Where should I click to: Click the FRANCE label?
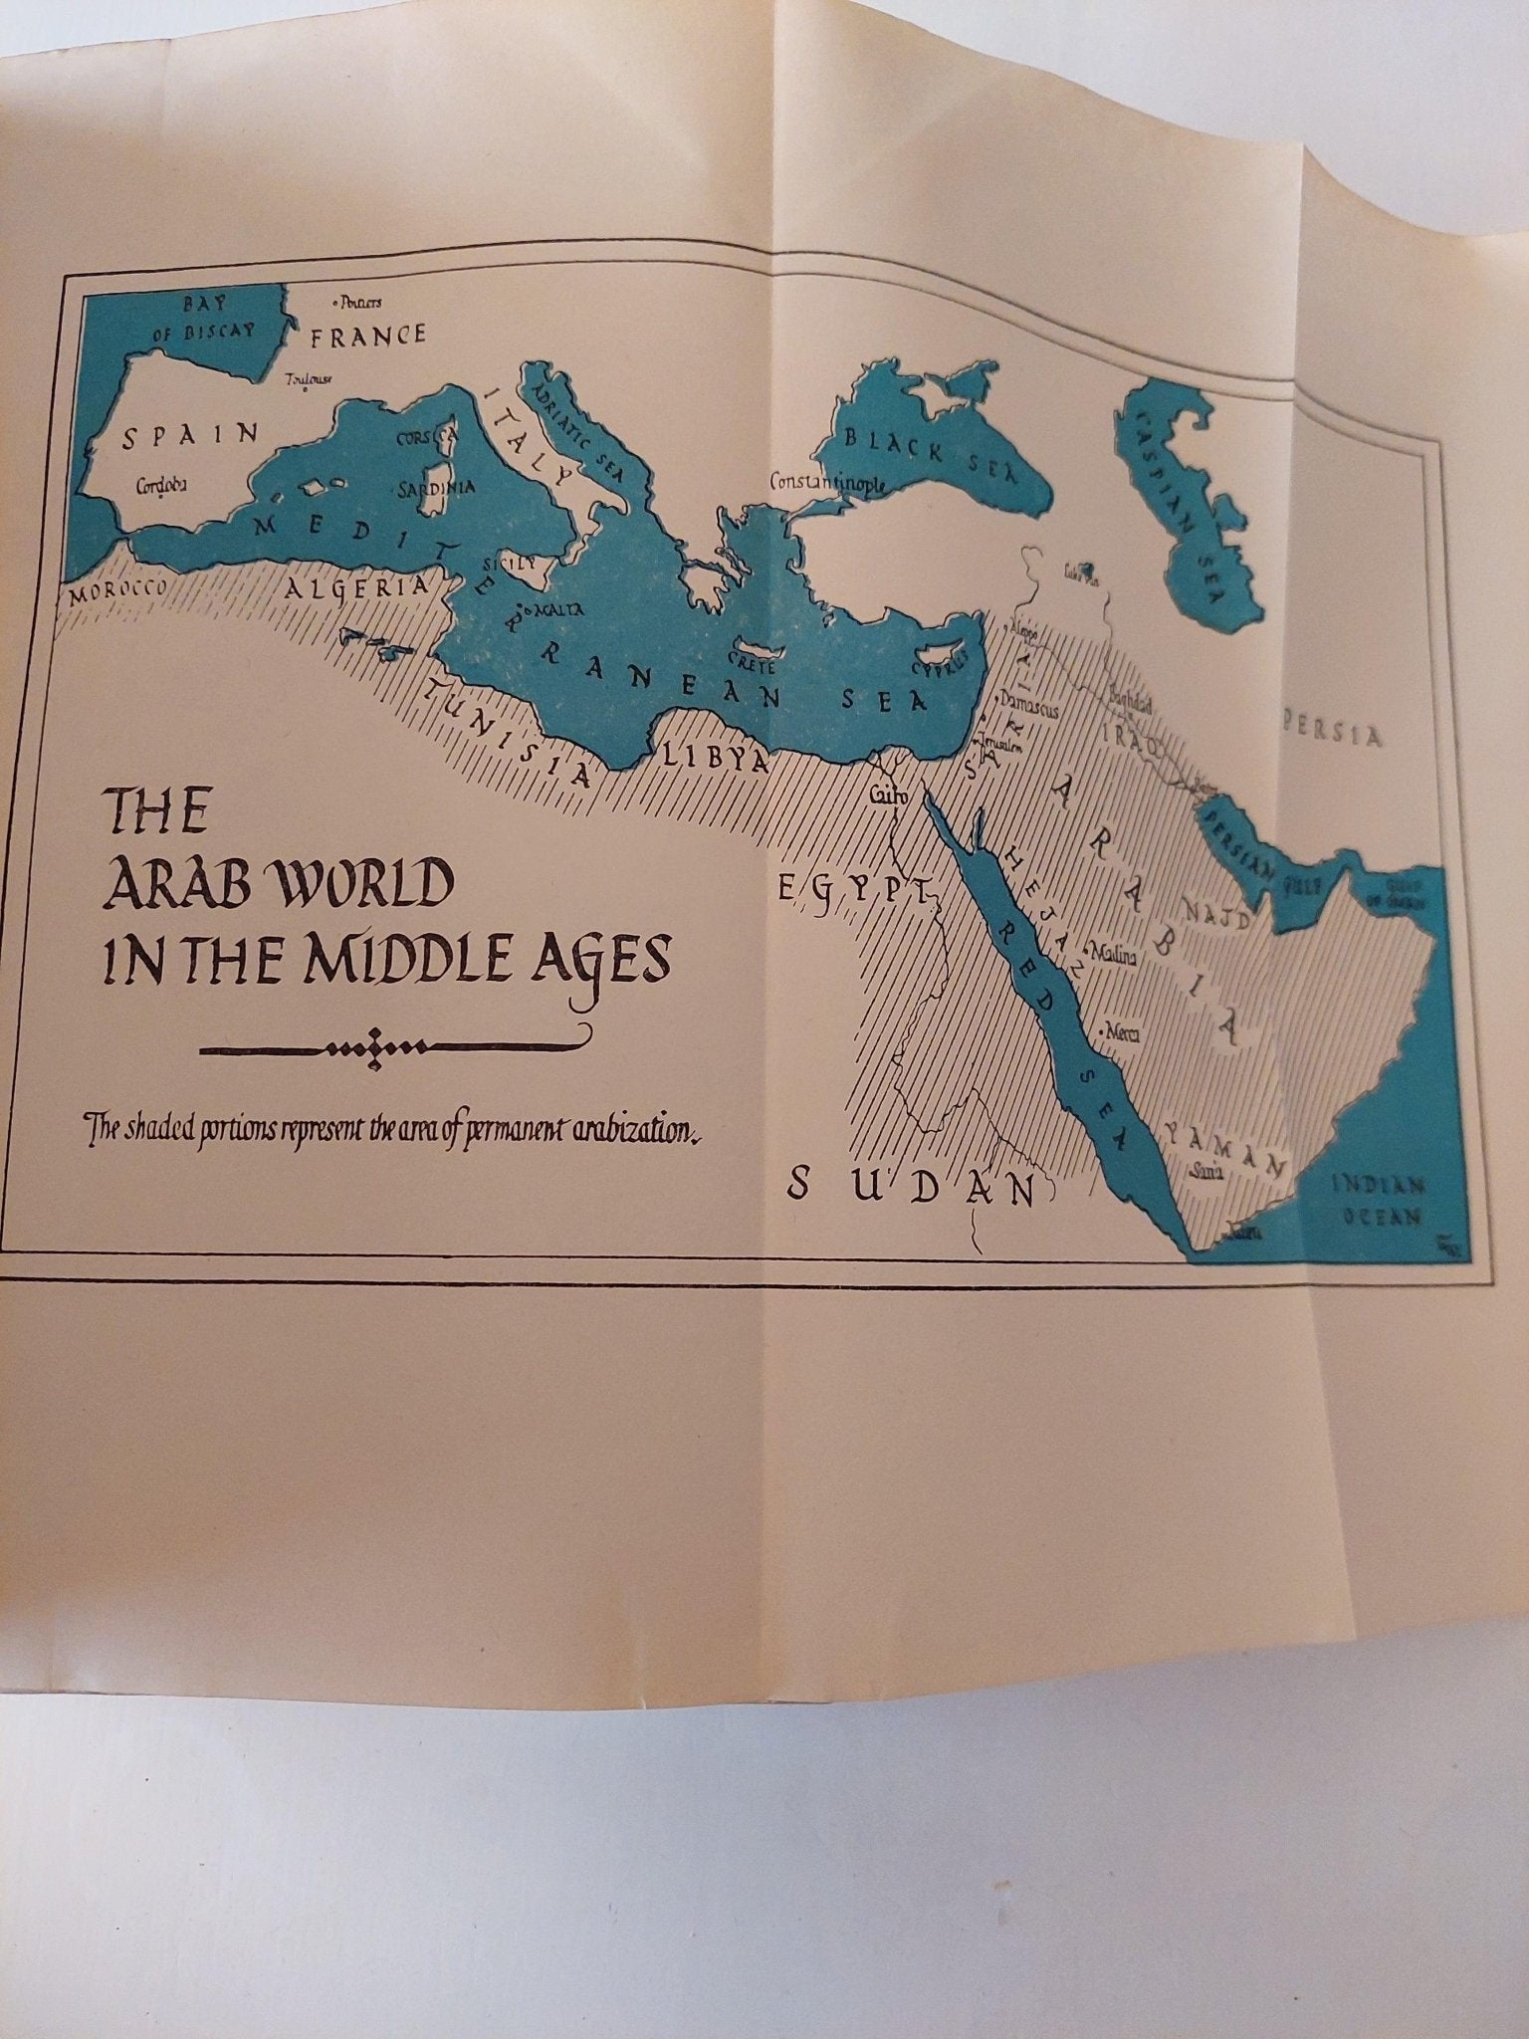click(368, 336)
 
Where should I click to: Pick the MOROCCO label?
click(116, 590)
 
